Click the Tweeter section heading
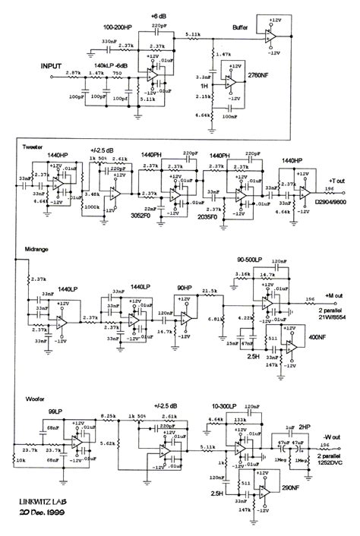(x=35, y=147)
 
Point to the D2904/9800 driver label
(x=331, y=203)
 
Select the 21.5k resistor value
(x=209, y=291)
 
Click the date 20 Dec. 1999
(x=47, y=512)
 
